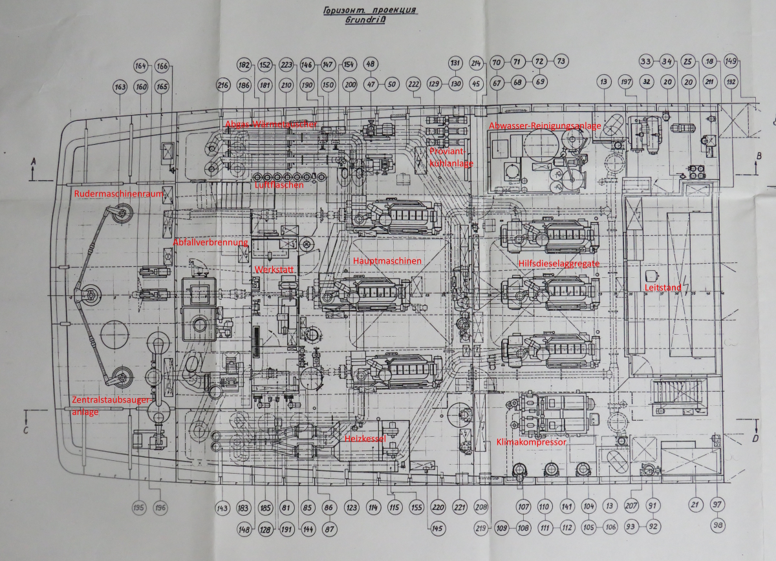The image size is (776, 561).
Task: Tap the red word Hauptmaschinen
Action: coord(387,260)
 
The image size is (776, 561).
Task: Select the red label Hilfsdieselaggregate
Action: coord(559,263)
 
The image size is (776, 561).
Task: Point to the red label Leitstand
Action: coord(661,286)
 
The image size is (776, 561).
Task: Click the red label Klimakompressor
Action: coord(531,443)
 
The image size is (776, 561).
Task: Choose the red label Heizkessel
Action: coord(365,438)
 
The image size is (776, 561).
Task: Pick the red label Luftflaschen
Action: coord(279,185)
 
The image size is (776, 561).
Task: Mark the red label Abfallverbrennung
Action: coord(210,242)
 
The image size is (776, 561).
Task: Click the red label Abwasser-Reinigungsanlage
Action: coord(545,126)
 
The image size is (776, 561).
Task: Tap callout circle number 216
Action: coord(223,85)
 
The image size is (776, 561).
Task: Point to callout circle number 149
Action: coord(731,61)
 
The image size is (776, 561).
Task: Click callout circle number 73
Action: coord(560,61)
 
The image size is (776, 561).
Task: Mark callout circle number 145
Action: coord(438,529)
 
